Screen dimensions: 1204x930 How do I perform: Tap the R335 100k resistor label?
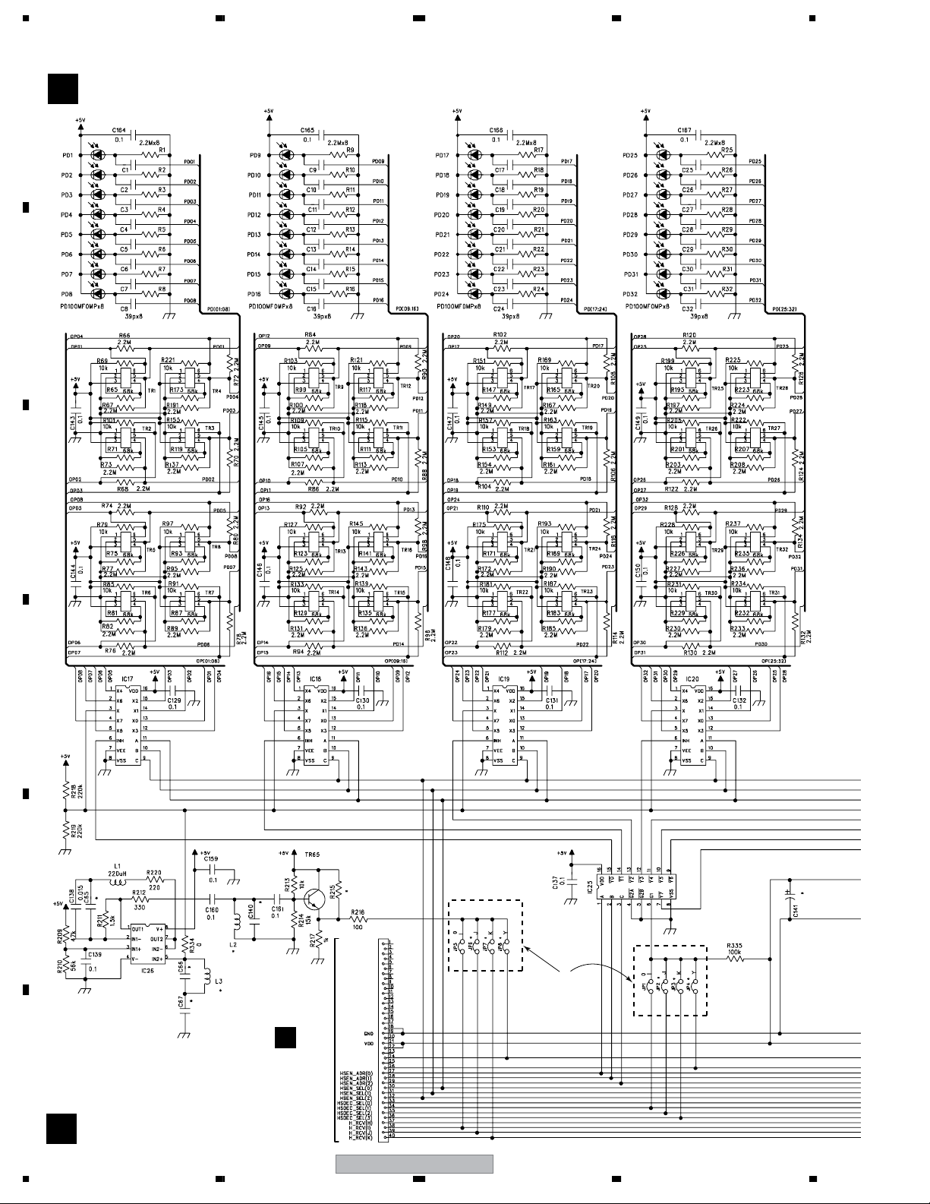[x=733, y=946]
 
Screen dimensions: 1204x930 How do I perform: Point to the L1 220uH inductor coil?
[x=117, y=882]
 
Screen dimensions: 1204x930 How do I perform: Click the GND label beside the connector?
[x=368, y=1034]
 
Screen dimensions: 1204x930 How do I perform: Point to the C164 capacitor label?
[x=118, y=131]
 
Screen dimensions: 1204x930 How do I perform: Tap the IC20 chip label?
[x=692, y=679]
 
